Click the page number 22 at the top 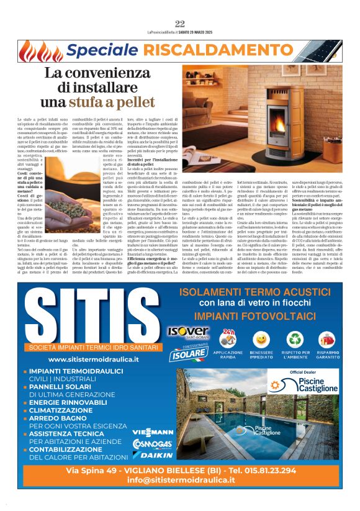point(180,24)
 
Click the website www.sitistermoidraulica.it point(93,360)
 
